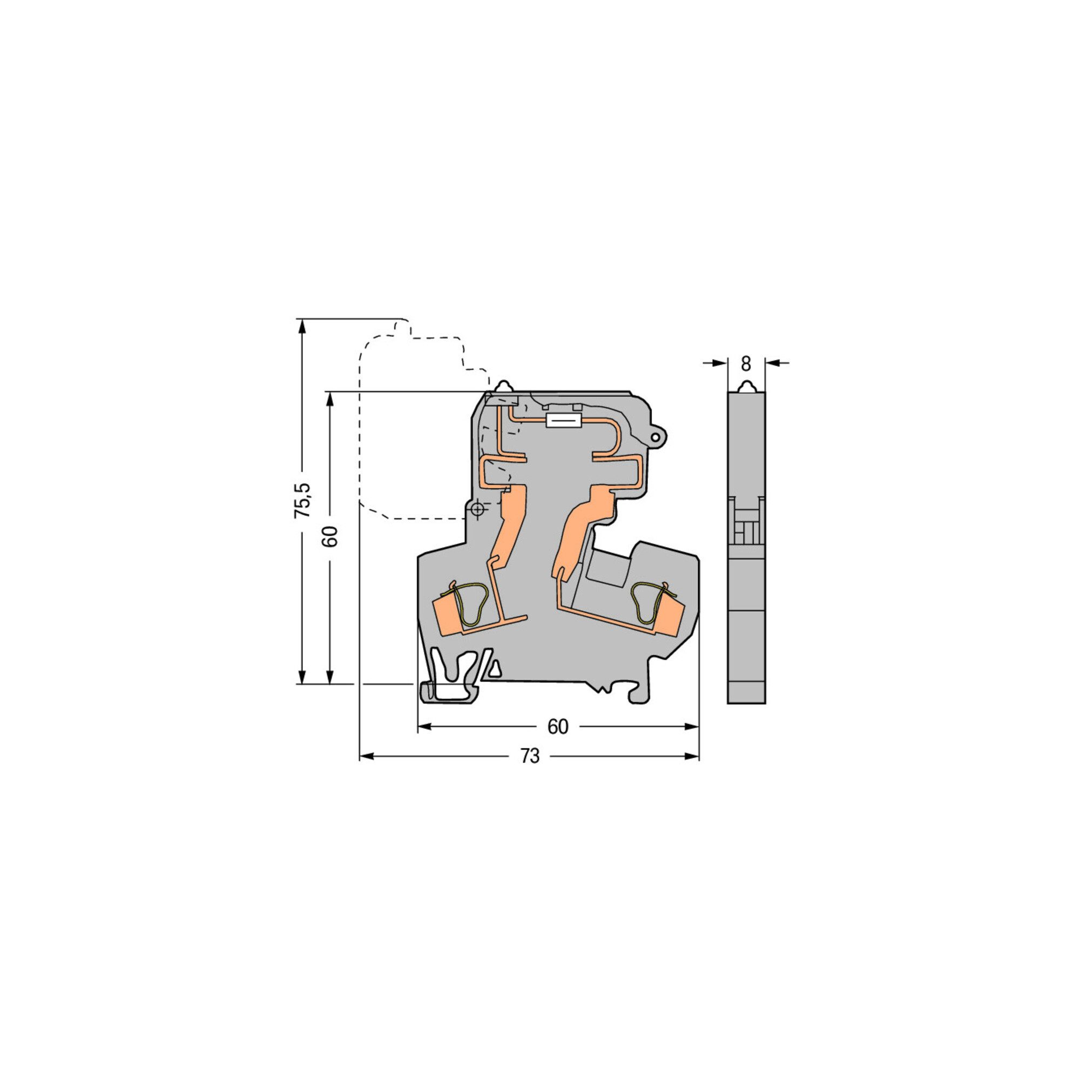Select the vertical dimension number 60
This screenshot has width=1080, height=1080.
(x=331, y=537)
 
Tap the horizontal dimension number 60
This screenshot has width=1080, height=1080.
(x=557, y=727)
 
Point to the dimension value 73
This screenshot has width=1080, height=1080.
(x=530, y=757)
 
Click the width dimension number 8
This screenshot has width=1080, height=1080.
(x=746, y=364)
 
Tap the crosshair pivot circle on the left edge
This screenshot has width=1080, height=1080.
(x=477, y=510)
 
